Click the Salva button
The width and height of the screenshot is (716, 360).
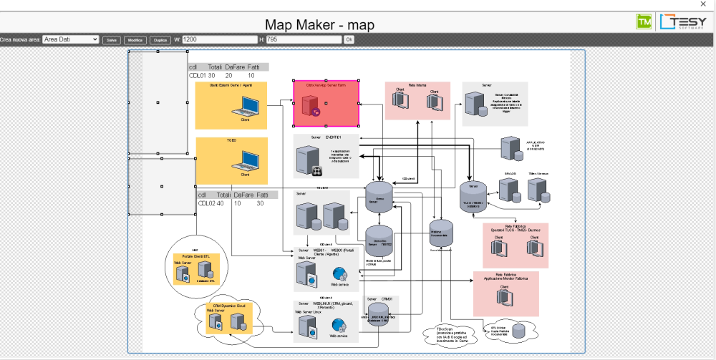coord(112,39)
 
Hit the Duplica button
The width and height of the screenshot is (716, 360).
coord(159,39)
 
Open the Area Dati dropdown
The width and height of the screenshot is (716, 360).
coord(70,39)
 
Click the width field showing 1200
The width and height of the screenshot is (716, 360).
coord(219,39)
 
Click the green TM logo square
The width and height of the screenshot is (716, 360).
coord(644,22)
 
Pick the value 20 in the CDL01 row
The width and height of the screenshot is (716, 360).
coord(228,75)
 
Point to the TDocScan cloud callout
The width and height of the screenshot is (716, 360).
coord(446,333)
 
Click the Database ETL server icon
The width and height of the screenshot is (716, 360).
coord(205,269)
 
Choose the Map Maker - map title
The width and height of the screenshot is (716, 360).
coord(320,24)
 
